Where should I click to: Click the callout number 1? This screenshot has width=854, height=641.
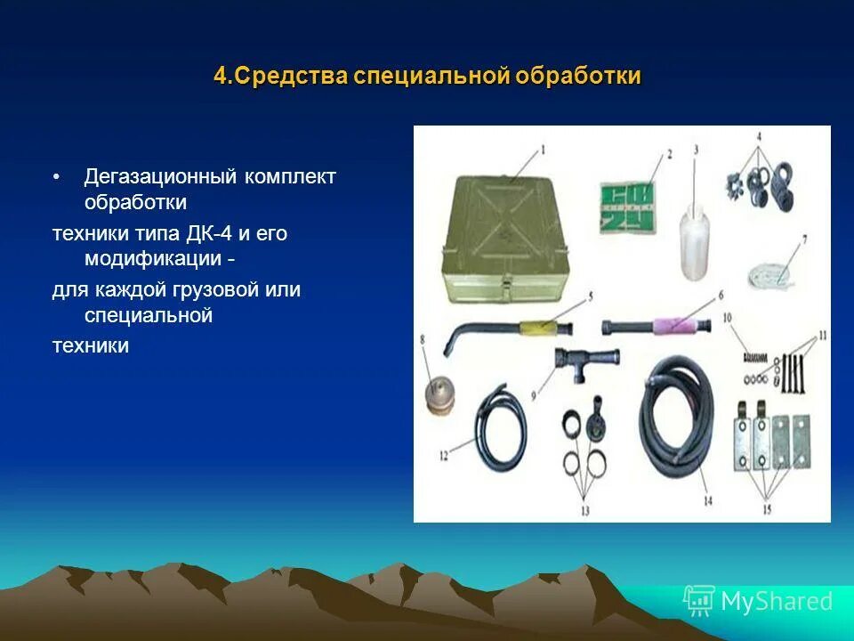545,148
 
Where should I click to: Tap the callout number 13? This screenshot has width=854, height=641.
584,510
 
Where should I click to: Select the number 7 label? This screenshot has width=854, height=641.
804,239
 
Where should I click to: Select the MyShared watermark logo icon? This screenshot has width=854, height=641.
699,601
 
